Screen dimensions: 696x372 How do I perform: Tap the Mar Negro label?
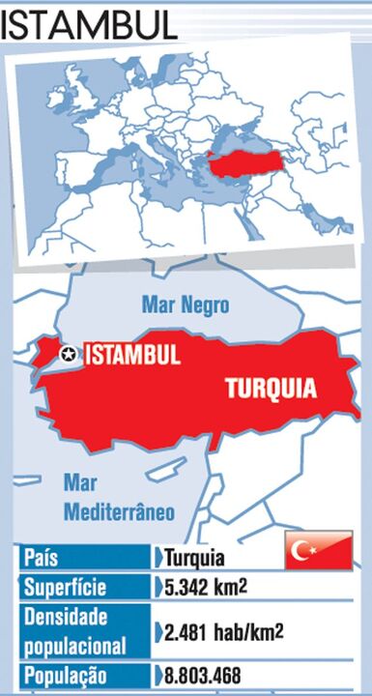pyautogui.click(x=186, y=305)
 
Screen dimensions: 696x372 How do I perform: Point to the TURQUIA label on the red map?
pyautogui.click(x=271, y=389)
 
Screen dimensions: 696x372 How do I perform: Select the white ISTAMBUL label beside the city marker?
pyautogui.click(x=133, y=355)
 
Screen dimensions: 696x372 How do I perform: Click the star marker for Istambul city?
pyautogui.click(x=68, y=355)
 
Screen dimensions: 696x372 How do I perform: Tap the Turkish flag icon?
pyautogui.click(x=318, y=551)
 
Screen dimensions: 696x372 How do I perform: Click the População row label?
pyautogui.click(x=66, y=675)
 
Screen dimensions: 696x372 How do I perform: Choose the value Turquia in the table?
pyautogui.click(x=194, y=558)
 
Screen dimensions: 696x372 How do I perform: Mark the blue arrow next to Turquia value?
pyautogui.click(x=157, y=558)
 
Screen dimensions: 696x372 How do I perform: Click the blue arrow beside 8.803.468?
pyautogui.click(x=157, y=675)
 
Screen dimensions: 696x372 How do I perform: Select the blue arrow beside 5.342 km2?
pyautogui.click(x=157, y=587)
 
